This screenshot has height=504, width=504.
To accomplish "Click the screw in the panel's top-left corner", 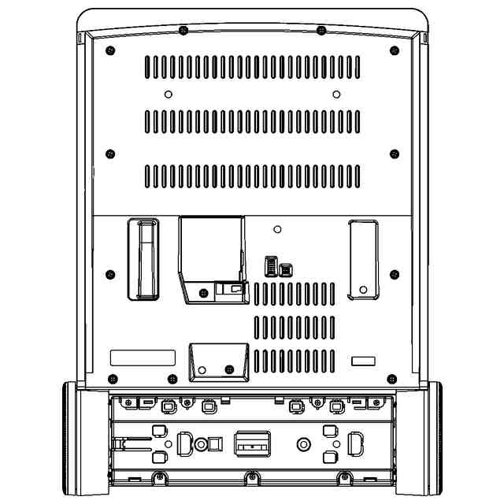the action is pyautogui.click(x=109, y=52).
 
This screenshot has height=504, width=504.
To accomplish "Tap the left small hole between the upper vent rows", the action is pyautogui.click(x=168, y=94).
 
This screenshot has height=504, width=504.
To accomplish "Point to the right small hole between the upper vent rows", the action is pyautogui.click(x=336, y=94).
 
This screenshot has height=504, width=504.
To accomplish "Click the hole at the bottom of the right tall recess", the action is pyautogui.click(x=362, y=289).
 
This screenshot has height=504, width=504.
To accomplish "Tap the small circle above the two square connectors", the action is pyautogui.click(x=276, y=230).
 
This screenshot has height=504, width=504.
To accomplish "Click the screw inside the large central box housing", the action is pyautogui.click(x=204, y=293).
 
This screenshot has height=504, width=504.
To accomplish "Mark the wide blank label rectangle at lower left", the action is pyautogui.click(x=143, y=358).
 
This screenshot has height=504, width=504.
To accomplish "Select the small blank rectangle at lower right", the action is pyautogui.click(x=363, y=361).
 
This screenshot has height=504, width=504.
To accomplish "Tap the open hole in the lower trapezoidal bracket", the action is pyautogui.click(x=202, y=369).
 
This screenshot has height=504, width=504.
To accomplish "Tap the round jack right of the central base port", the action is pyautogui.click(x=302, y=445).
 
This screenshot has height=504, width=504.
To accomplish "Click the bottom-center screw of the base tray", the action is pyautogui.click(x=250, y=476).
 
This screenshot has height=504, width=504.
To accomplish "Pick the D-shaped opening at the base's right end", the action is pyautogui.click(x=355, y=444).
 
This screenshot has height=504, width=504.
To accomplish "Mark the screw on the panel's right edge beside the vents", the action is pyautogui.click(x=395, y=152).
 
